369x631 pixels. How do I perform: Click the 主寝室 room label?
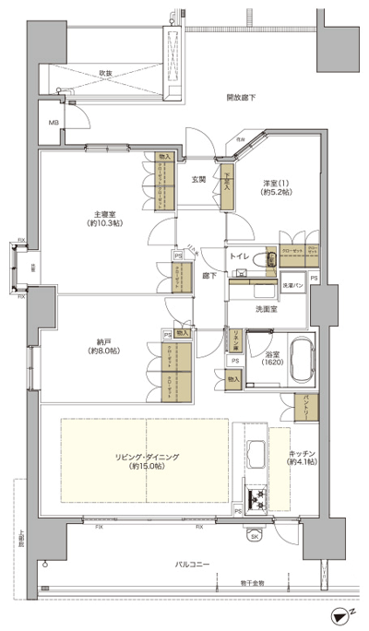[x=103, y=218]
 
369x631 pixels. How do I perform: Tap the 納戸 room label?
[x=101, y=346]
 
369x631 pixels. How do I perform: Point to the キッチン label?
[x=303, y=456]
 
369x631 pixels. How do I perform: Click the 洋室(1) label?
[x=276, y=186]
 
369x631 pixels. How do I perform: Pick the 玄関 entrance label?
[x=198, y=179]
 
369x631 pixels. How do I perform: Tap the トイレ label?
[x=238, y=255]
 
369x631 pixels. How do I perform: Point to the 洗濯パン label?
[x=292, y=287]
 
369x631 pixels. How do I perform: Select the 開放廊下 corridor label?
[x=241, y=97]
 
